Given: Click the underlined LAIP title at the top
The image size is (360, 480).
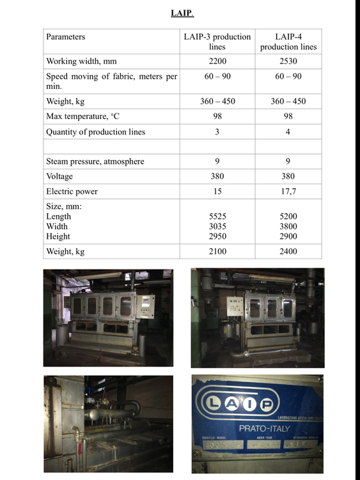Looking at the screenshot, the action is tap(182, 13).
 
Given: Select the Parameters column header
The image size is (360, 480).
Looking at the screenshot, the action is tap(66, 37).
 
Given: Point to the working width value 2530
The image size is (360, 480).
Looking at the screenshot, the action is tap(288, 61).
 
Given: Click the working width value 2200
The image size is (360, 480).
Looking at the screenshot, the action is tap(217, 61).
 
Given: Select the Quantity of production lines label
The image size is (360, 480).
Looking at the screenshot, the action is tap(96, 132).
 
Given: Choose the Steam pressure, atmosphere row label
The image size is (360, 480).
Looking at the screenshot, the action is tap(95, 161).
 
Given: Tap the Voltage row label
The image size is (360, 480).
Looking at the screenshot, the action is tap(59, 176).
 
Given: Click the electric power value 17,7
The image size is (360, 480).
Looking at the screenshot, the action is tap(288, 191).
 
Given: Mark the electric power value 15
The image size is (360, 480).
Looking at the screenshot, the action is tap(217, 191).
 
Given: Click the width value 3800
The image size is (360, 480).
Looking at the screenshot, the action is tap(288, 227).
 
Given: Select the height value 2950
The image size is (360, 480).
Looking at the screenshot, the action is tap(217, 236).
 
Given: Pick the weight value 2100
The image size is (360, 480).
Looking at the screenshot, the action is tap(217, 252).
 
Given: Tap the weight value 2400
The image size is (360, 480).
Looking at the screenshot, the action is tap(288, 252).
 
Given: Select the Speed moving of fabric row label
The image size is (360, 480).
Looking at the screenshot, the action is tap(111, 81).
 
